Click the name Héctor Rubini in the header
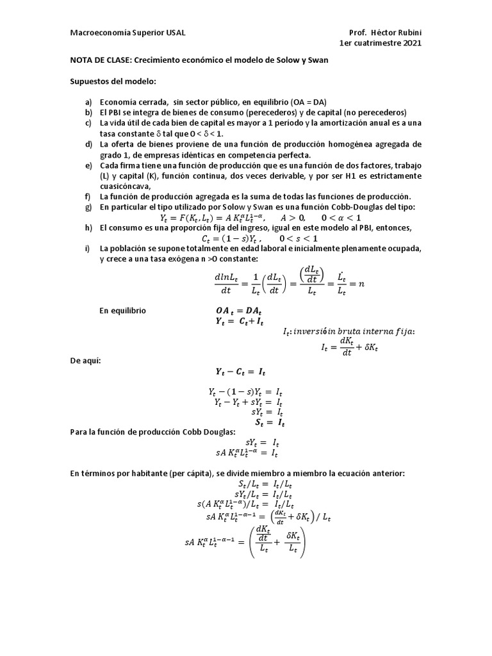(397, 33)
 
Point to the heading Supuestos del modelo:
(112, 82)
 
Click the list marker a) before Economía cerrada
(88, 103)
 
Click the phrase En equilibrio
(122, 311)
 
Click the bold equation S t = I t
(269, 423)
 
